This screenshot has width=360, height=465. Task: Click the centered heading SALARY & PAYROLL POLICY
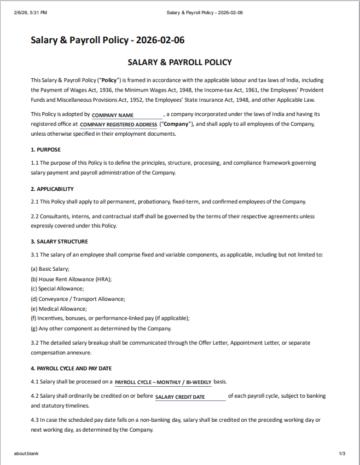[179, 62]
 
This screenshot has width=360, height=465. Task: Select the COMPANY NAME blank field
[127, 115]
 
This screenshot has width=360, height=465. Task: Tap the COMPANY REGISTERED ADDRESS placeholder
[119, 125]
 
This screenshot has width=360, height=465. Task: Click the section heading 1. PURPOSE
[46, 149]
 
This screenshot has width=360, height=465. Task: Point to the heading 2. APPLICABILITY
[52, 189]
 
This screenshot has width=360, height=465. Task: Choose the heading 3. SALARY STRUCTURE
[59, 241]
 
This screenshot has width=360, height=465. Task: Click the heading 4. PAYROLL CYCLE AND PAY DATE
[71, 368]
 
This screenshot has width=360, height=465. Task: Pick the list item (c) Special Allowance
[57, 289]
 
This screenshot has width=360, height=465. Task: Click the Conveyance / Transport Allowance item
[78, 299]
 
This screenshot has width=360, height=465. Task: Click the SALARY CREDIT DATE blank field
[189, 397]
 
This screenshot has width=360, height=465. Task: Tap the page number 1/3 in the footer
[342, 454]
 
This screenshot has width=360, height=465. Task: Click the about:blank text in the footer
[26, 454]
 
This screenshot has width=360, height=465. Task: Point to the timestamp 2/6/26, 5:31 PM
[31, 13]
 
